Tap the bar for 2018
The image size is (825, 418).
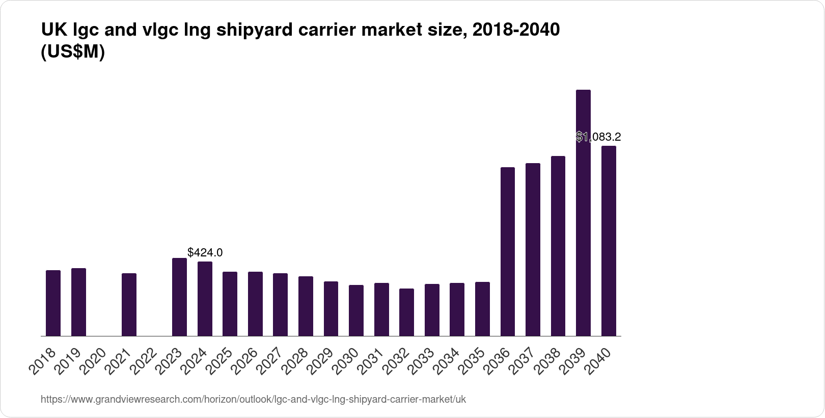53,303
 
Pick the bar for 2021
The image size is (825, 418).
129,305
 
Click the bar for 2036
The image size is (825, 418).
508,252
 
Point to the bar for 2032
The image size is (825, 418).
406,312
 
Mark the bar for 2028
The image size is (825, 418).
306,306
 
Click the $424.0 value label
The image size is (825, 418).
205,252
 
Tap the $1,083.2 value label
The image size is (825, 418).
598,137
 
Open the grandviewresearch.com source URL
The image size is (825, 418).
253,399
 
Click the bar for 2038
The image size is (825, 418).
558,246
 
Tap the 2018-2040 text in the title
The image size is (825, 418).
516,30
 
